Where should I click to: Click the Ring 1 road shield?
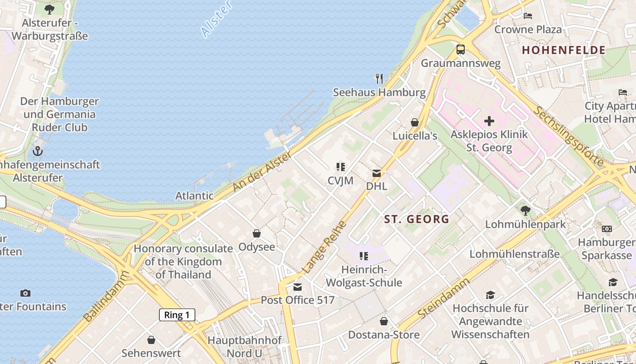(177, 315)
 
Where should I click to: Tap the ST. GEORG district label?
(417, 219)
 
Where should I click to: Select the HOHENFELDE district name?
(563, 50)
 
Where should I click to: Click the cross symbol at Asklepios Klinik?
(489, 121)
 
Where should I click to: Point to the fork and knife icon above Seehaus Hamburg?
(379, 79)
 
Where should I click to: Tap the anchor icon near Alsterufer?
(38, 151)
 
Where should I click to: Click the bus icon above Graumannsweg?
(461, 50)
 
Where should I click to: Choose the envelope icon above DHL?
(377, 173)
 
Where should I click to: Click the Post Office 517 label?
(298, 300)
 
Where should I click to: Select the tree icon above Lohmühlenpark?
(526, 211)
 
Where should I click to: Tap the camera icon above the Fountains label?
(25, 293)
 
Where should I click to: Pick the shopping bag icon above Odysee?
(257, 233)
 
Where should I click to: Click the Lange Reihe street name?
(324, 247)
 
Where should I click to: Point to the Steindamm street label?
(443, 298)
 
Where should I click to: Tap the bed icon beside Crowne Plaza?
(528, 16)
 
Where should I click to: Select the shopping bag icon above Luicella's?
(415, 122)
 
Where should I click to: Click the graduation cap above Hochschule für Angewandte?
(490, 295)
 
